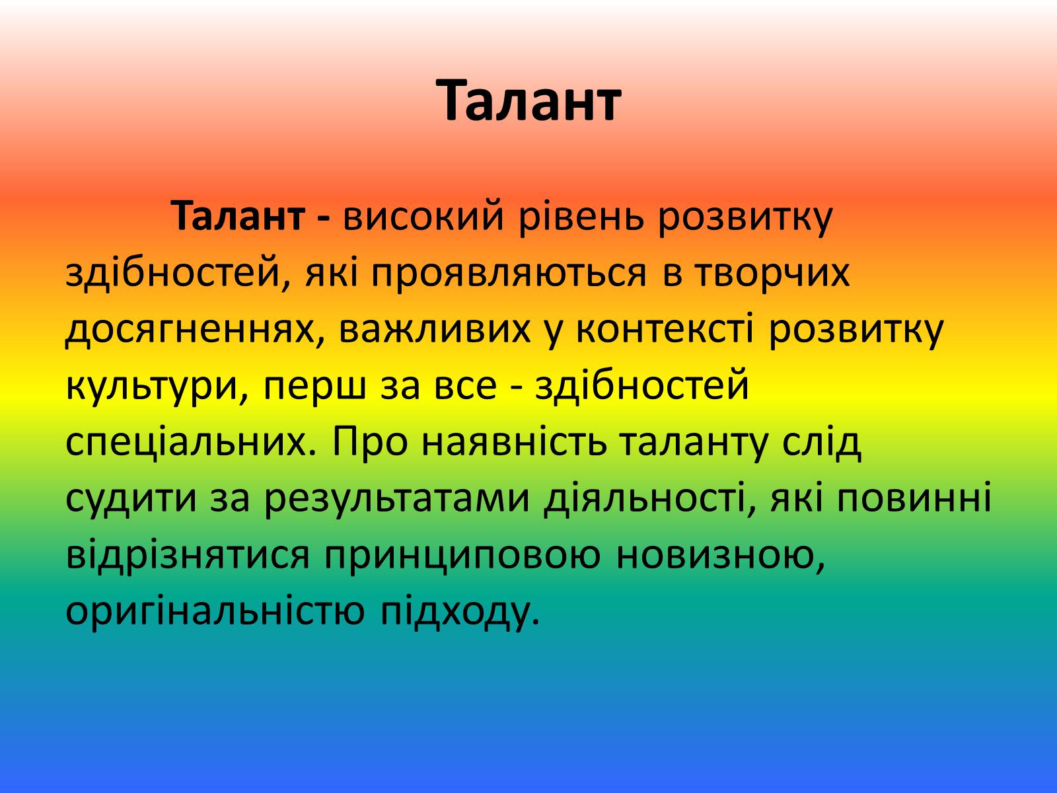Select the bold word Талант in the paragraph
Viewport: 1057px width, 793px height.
[x=239, y=216]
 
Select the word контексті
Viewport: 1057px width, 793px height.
[x=665, y=329]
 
